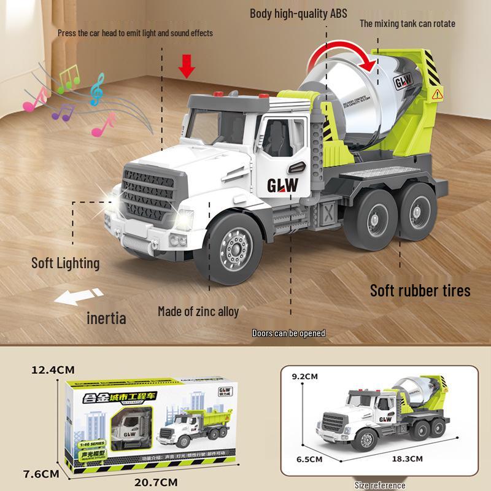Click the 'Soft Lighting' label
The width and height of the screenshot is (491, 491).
pyautogui.click(x=65, y=263)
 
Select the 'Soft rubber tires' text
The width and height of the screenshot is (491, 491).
pyautogui.click(x=420, y=290)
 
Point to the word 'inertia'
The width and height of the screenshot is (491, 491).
pyautogui.click(x=106, y=317)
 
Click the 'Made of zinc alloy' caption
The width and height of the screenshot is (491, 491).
pyautogui.click(x=198, y=311)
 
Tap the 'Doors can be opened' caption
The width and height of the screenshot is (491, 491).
pyautogui.click(x=288, y=333)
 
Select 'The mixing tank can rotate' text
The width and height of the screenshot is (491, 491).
pyautogui.click(x=407, y=24)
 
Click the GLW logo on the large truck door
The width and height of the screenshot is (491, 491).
pyautogui.click(x=282, y=185)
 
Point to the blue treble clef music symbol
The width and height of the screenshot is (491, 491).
pyautogui.click(x=97, y=90)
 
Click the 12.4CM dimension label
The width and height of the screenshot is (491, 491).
pyautogui.click(x=53, y=370)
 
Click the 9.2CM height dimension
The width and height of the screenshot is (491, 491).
pyautogui.click(x=305, y=376)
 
